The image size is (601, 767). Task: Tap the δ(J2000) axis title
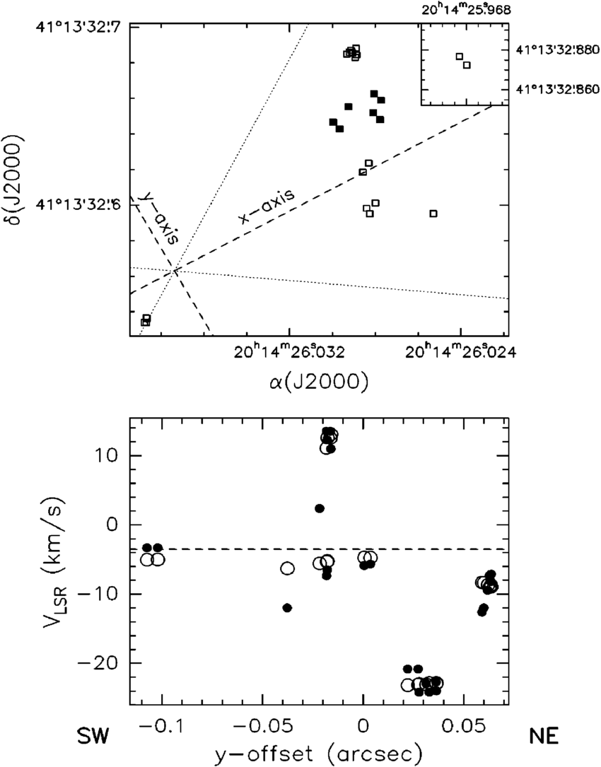point(17,172)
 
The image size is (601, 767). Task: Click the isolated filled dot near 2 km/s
point(320,508)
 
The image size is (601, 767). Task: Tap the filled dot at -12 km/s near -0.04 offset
point(287,608)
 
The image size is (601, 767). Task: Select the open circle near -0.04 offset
point(287,568)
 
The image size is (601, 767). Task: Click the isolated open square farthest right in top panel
point(433,213)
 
